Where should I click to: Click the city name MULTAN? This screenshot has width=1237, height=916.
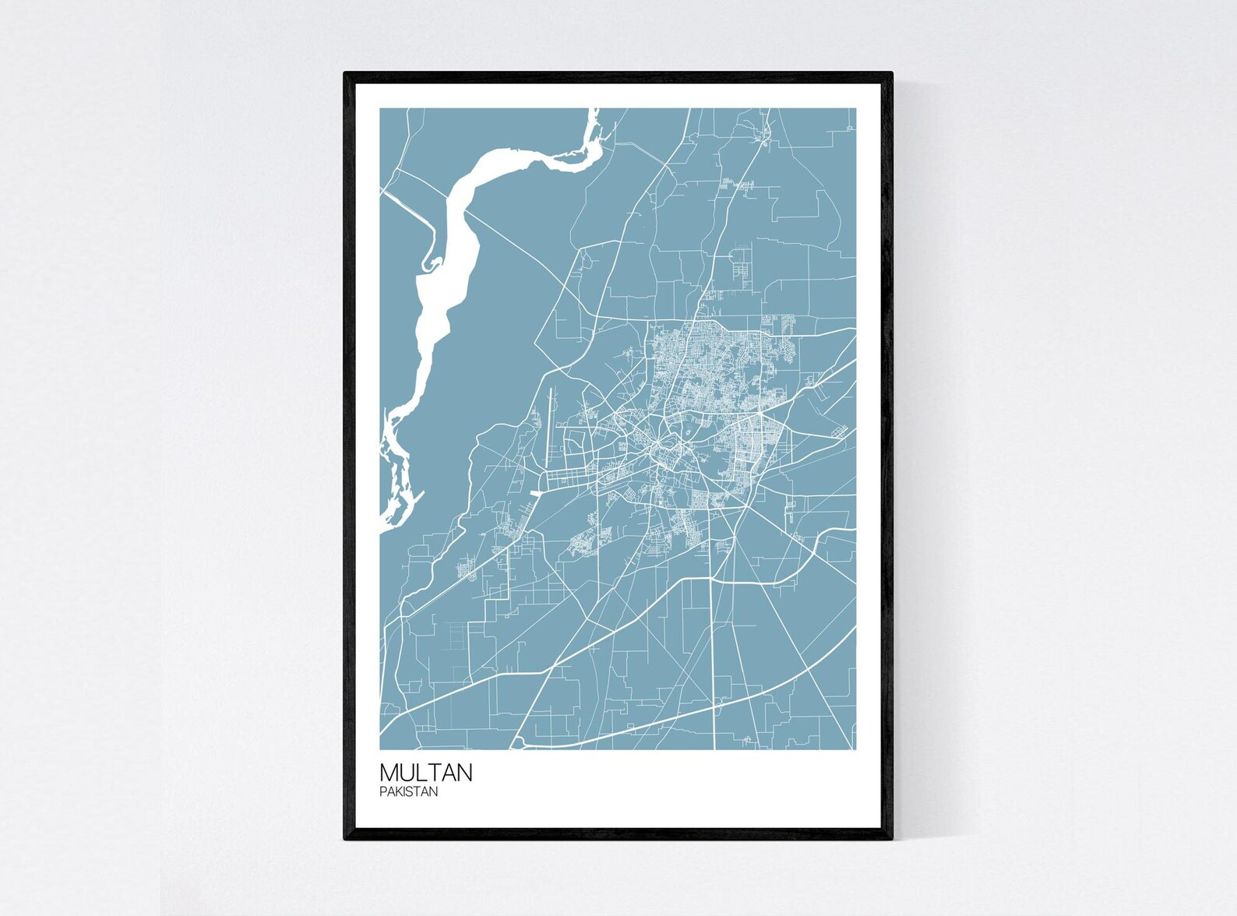click(425, 773)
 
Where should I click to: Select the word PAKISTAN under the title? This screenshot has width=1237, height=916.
click(408, 792)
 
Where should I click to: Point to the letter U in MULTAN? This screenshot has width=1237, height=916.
click(408, 773)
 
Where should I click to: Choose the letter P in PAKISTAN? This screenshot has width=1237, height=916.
click(382, 792)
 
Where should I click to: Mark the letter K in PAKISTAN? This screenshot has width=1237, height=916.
click(397, 792)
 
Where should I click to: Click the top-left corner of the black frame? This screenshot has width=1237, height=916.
click(345, 73)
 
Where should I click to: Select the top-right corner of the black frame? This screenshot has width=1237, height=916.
click(891, 73)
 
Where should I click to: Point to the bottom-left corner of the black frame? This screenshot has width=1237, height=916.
click(345, 839)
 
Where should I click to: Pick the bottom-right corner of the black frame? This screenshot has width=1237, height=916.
click(891, 839)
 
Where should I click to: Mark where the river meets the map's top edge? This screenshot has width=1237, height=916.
click(593, 110)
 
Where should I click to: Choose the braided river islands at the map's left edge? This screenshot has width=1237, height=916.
click(393, 483)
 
